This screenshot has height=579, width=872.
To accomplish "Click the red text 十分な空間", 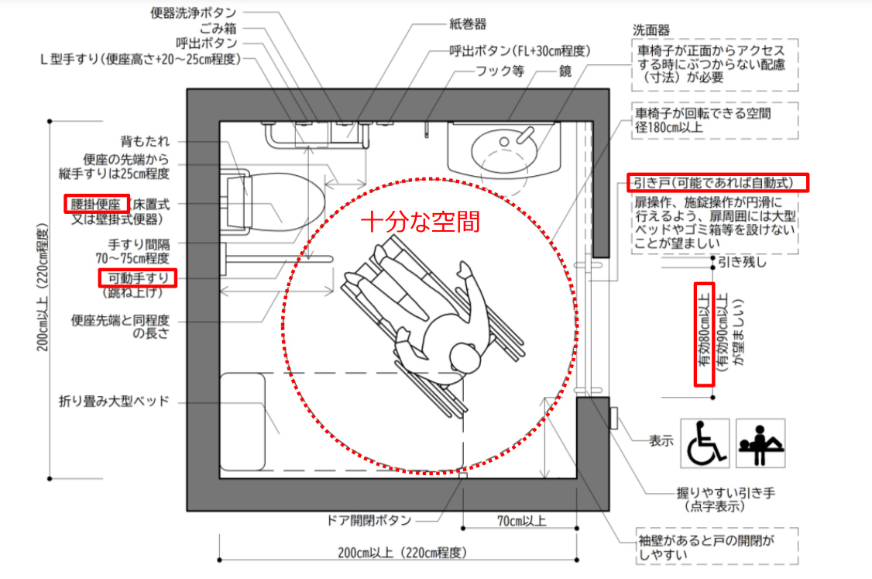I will (421, 222).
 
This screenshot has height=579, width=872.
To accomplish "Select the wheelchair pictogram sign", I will (705, 443).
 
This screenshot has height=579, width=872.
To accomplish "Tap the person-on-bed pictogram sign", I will (760, 443).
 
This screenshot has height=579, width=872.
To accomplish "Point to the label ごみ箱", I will (217, 28).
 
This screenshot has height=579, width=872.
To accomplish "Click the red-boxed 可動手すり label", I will (138, 277).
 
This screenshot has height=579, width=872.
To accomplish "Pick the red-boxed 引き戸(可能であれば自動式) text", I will (717, 183).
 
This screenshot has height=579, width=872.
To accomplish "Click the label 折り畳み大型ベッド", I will (114, 402).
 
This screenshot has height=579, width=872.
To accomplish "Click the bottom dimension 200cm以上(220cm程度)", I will (400, 553).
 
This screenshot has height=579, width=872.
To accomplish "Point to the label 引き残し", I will (742, 262).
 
